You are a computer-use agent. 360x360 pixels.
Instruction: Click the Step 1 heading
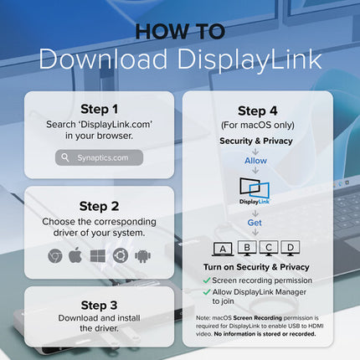[x=99, y=109]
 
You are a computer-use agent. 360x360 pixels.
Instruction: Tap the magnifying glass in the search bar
[x=65, y=157]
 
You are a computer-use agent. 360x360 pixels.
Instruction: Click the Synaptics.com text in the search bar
[x=103, y=157]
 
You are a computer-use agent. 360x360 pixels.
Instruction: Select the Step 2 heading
[x=99, y=207]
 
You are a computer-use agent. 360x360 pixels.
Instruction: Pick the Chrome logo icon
[x=55, y=256]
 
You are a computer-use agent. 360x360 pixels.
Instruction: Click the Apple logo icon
[x=75, y=255]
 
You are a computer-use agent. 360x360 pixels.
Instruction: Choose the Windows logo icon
[x=98, y=256]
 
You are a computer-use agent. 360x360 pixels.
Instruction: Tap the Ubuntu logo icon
[x=121, y=255]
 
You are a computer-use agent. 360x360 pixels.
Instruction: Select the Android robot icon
[x=142, y=256]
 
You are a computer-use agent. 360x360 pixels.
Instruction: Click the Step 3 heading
[x=99, y=306]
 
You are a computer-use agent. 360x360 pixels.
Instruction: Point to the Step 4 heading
[x=258, y=111]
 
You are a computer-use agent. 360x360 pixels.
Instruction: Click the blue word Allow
[x=255, y=161]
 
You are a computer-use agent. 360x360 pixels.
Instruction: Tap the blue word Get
[x=255, y=223]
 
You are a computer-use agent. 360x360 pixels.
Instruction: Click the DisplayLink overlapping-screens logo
[x=255, y=191]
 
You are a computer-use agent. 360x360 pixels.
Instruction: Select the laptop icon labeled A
[x=223, y=249]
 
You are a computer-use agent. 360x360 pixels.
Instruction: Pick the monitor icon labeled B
[x=247, y=248]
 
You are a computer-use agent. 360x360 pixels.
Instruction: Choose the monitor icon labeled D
[x=291, y=248]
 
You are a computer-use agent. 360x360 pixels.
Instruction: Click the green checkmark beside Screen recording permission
[x=207, y=280]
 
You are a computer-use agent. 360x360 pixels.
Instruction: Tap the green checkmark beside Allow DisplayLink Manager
[x=207, y=292]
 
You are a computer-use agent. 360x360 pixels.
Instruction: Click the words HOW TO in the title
[x=180, y=32]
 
